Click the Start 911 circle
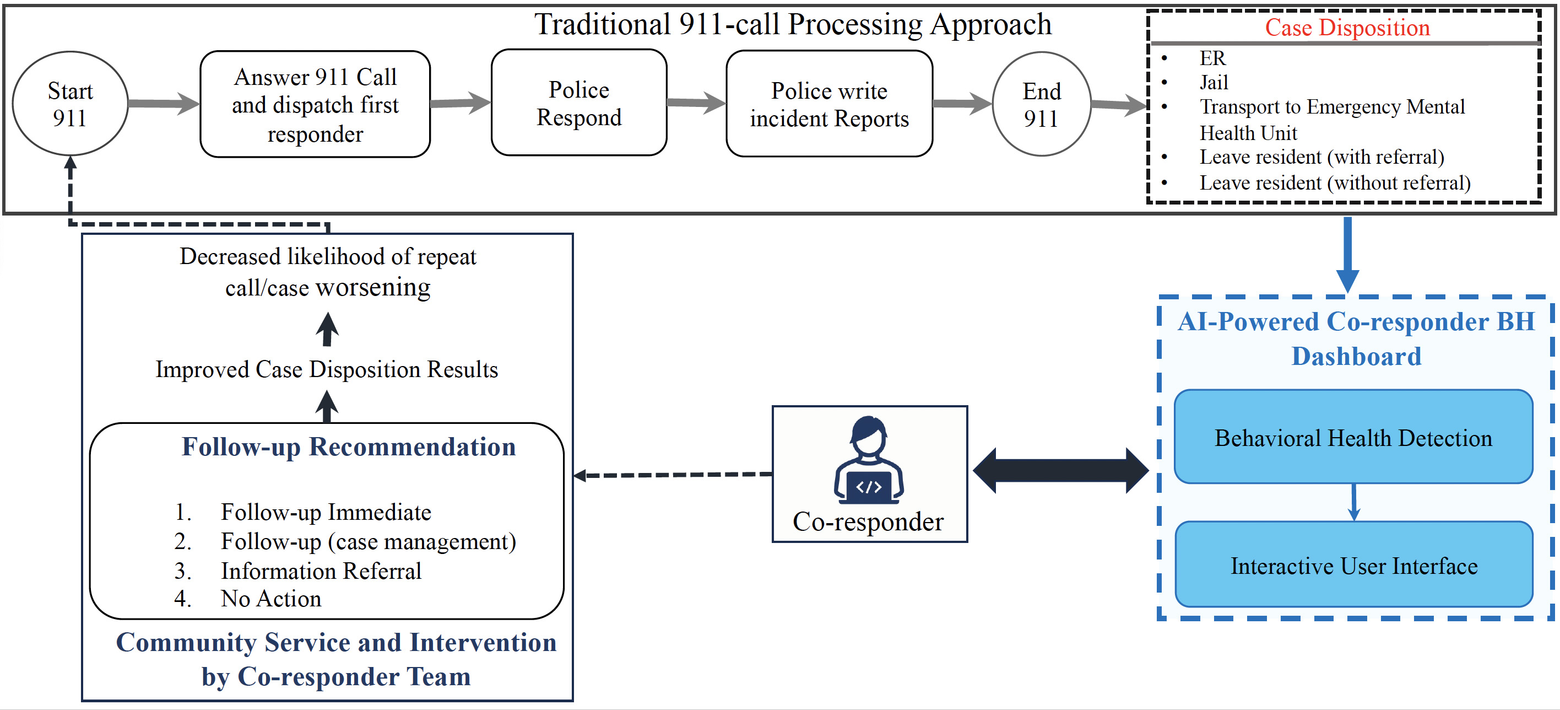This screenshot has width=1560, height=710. click(71, 104)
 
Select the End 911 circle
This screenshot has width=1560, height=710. click(1041, 104)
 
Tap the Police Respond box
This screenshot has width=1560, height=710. click(578, 103)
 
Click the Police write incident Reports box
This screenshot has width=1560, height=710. click(828, 104)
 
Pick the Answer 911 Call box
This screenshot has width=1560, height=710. click(315, 104)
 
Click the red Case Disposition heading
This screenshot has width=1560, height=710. click(1346, 28)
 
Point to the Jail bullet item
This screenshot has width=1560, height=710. click(1214, 82)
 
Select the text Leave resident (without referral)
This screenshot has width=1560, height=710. click(1335, 183)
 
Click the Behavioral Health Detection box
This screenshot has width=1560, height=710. click(1353, 437)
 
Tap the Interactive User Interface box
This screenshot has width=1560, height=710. click(1353, 565)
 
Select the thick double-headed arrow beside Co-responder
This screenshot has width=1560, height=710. click(1060, 471)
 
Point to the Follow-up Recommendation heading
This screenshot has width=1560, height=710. click(348, 447)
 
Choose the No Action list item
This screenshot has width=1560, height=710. click(270, 599)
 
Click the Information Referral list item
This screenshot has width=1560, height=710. click(321, 571)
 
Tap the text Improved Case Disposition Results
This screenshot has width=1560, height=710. click(327, 369)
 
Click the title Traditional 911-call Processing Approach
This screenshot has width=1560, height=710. click(792, 25)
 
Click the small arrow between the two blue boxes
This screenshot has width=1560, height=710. click(1353, 502)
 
